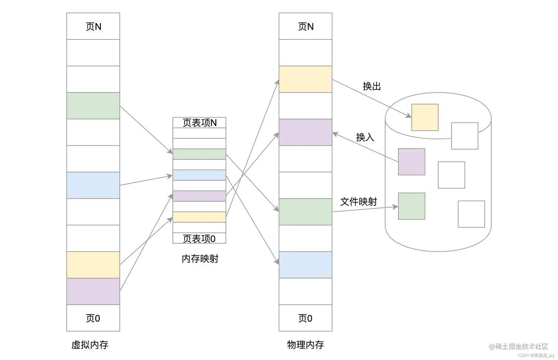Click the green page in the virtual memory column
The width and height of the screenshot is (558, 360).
pos(93,105)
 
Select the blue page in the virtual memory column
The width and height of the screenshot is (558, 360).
pos(93,185)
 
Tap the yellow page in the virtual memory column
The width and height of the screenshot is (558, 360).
pos(93,264)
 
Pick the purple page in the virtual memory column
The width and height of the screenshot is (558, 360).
pos(93,291)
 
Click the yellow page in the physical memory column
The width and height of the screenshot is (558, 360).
pos(305,79)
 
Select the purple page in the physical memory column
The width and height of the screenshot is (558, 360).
pos(305,132)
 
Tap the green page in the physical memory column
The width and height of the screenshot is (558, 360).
pos(305,212)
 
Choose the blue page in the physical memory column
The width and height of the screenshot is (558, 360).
pos(305,264)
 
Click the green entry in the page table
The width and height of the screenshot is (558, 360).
pos(199,154)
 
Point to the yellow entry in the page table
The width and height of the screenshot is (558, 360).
pos(199,217)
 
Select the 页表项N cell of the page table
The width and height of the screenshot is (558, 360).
pos(199,122)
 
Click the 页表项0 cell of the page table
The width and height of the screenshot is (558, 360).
pos(199,238)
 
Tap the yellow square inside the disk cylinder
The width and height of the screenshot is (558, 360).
pos(425,117)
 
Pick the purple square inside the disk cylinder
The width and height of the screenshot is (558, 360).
pos(411,162)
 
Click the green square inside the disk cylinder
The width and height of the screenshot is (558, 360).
pos(411,206)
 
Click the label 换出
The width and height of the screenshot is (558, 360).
pos(372,86)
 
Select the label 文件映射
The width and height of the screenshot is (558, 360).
pos(358,201)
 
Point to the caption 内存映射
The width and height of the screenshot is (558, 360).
pos(200,259)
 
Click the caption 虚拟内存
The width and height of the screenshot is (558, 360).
pos(90,345)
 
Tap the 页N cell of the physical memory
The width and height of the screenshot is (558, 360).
pos(305,26)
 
